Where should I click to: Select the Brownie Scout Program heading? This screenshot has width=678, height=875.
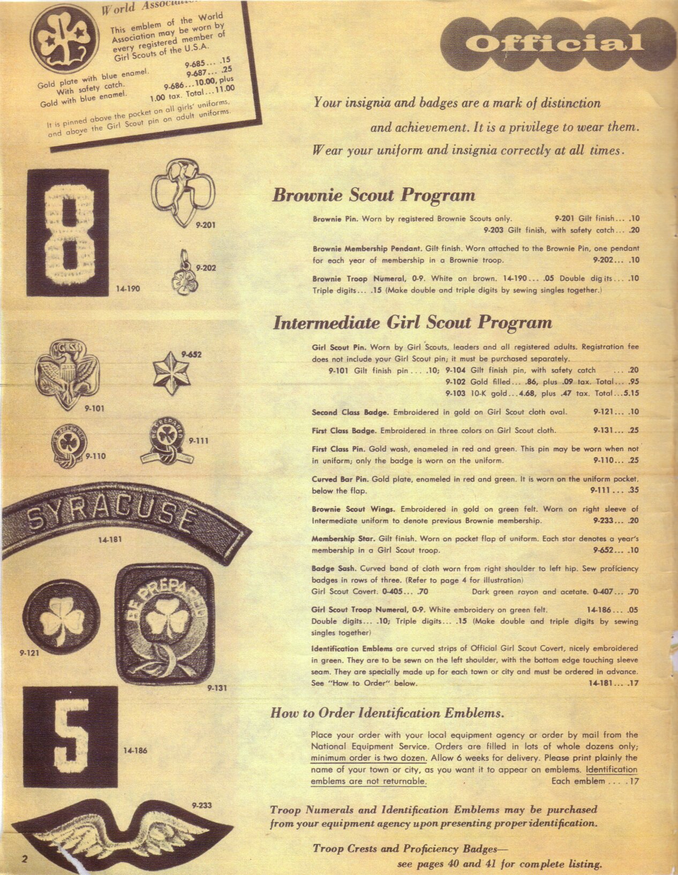(373, 195)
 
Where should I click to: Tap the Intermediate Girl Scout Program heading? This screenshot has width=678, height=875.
(412, 323)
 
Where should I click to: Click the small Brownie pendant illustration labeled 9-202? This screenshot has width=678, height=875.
(182, 273)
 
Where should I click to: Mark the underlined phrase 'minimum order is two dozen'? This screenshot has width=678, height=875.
(368, 758)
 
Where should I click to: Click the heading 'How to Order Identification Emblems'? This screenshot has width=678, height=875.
(387, 713)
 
